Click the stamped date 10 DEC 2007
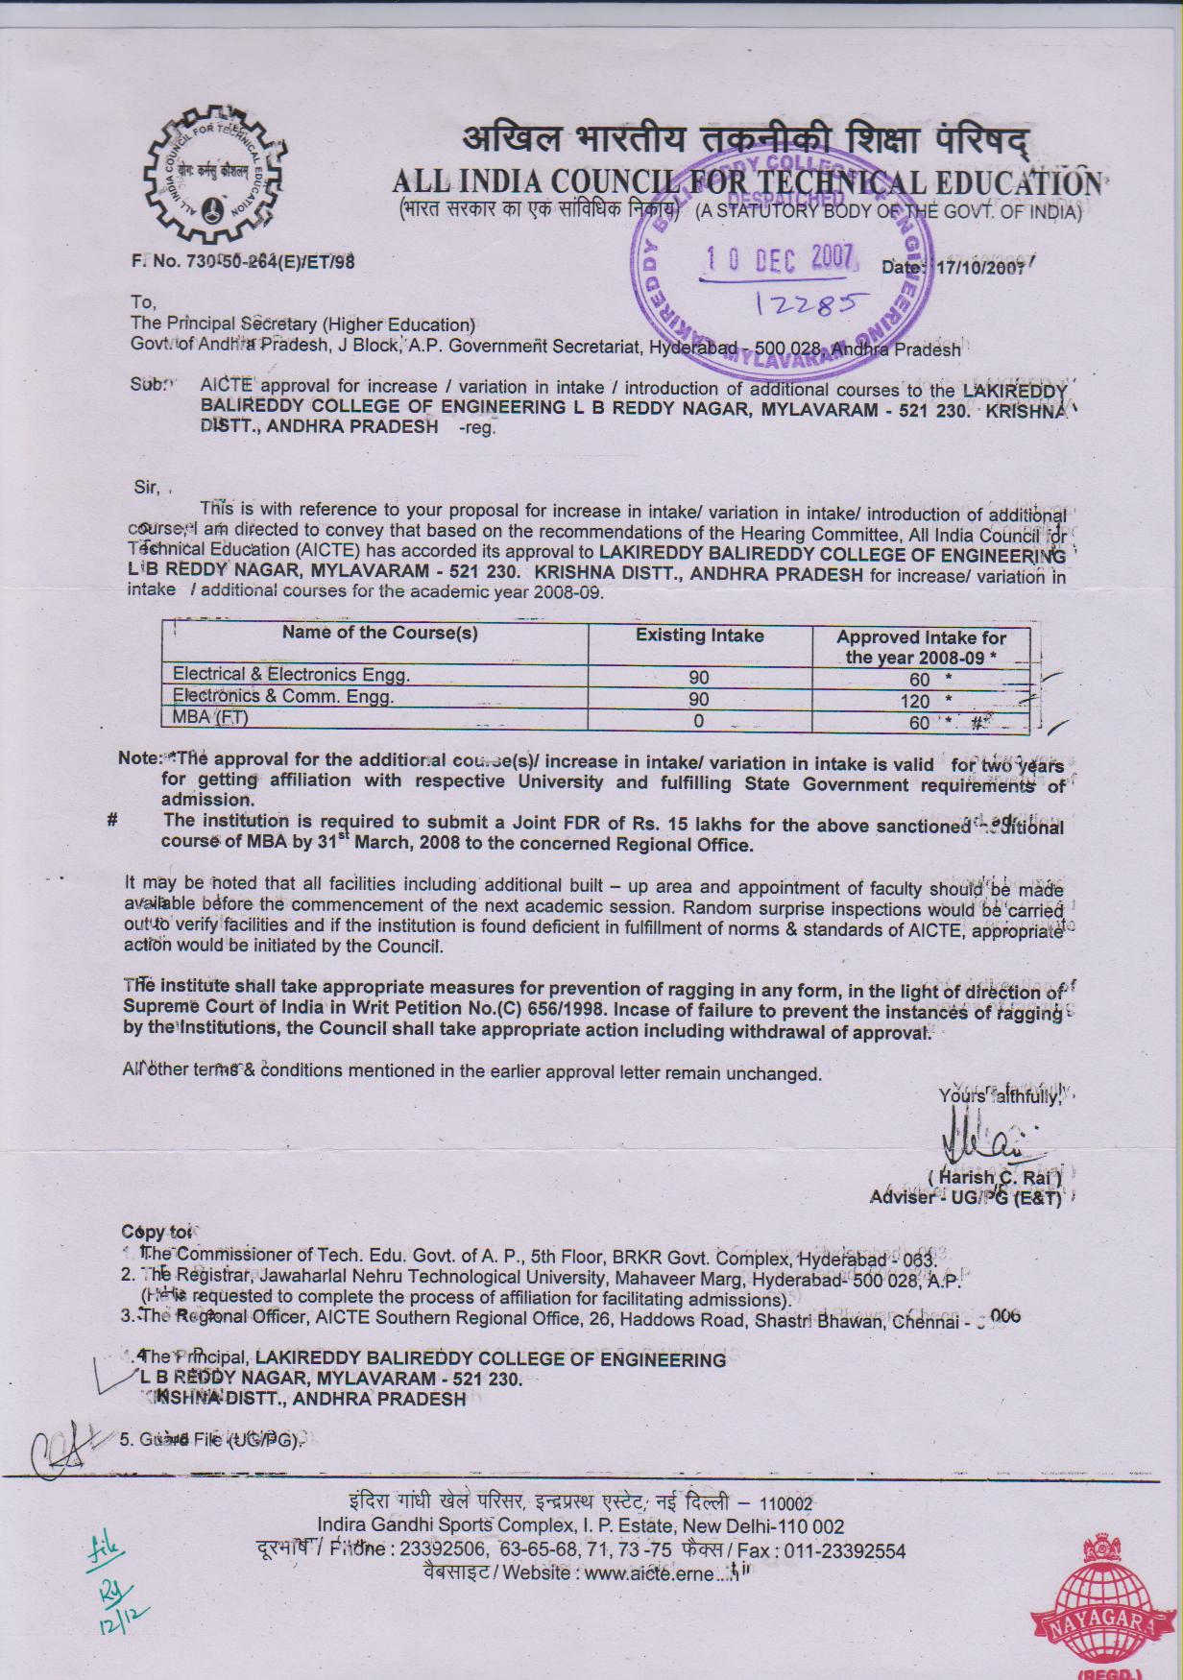click(779, 258)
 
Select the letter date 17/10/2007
click(980, 268)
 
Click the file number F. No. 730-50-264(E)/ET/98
click(243, 261)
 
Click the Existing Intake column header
click(699, 636)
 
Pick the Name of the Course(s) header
click(379, 633)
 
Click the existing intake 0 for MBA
click(699, 721)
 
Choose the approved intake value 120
click(915, 701)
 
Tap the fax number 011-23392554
click(845, 1551)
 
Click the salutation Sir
click(147, 487)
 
